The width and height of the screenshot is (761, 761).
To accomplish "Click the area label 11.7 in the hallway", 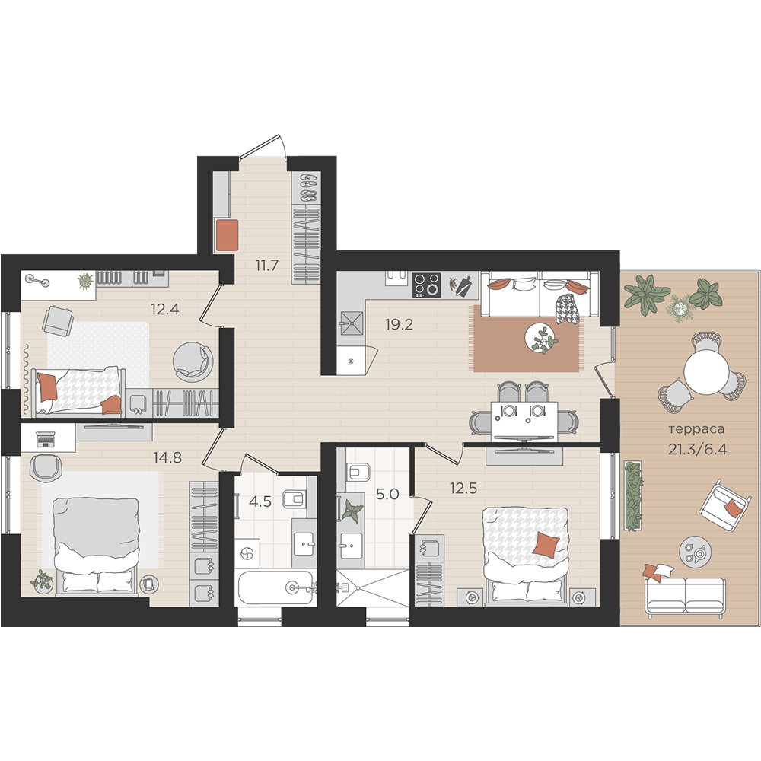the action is click(x=267, y=266).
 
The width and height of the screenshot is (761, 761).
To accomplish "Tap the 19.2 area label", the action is click(x=399, y=325).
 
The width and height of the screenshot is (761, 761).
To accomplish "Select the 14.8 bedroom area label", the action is click(x=167, y=457).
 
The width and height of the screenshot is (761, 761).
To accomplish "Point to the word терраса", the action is click(x=696, y=429).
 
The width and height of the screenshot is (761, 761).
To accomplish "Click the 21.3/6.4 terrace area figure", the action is click(x=697, y=450).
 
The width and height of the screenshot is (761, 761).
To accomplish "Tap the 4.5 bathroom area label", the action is click(x=260, y=501).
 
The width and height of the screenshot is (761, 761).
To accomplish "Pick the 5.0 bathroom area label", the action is click(x=387, y=494).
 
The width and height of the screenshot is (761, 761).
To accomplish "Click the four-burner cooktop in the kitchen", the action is click(x=426, y=285).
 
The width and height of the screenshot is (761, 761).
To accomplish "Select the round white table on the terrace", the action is click(x=706, y=373).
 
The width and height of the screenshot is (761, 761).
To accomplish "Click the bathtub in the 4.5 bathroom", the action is click(x=275, y=587).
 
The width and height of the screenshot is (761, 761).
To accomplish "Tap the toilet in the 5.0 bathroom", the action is click(x=358, y=471).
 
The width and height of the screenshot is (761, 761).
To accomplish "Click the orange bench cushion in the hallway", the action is click(x=227, y=235).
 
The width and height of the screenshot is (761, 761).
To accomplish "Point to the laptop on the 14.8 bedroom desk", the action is click(x=45, y=439).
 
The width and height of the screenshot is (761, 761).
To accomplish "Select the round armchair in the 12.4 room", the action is click(x=193, y=361).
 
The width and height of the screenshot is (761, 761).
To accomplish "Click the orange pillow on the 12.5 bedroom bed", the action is click(x=546, y=545).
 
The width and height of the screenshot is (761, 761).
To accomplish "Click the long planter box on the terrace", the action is click(x=632, y=496).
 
